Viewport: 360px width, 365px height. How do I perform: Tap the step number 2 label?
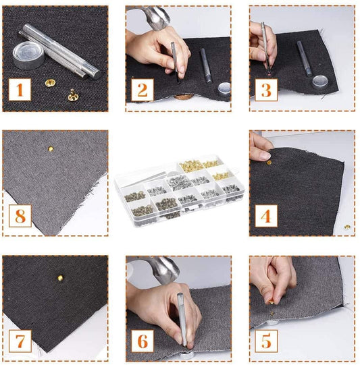(142, 90)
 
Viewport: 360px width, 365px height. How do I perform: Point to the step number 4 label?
(266, 216)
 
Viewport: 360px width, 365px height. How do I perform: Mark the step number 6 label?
(142, 341)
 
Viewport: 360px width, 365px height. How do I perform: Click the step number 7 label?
(20, 341)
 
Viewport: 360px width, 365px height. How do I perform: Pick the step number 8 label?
(20, 216)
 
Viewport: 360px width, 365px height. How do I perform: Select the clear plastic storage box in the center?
(179, 189)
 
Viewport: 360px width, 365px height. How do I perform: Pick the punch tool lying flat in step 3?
(305, 57)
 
